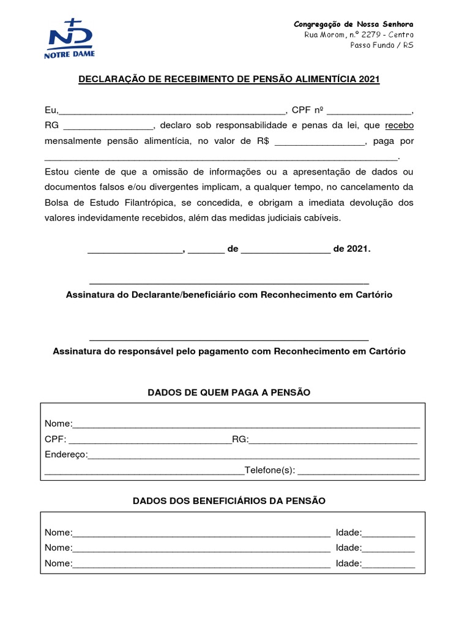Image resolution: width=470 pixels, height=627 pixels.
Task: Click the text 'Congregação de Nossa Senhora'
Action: (x=354, y=24)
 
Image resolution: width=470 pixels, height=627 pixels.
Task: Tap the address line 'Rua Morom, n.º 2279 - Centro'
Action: (x=359, y=35)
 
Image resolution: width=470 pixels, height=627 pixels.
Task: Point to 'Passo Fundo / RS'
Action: (x=382, y=45)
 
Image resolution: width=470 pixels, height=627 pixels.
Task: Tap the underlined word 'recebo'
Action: (x=399, y=126)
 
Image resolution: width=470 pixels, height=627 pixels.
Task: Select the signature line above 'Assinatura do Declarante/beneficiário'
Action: (x=229, y=283)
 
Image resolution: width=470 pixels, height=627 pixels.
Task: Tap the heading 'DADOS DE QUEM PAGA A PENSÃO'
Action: (x=229, y=392)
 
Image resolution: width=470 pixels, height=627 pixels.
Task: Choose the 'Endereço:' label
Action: (x=66, y=455)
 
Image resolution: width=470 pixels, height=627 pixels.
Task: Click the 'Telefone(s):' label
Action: (x=270, y=470)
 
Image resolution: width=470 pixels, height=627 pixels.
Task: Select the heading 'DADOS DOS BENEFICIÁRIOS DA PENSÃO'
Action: (x=229, y=501)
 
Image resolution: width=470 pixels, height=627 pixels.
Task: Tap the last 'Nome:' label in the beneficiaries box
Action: (x=58, y=563)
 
